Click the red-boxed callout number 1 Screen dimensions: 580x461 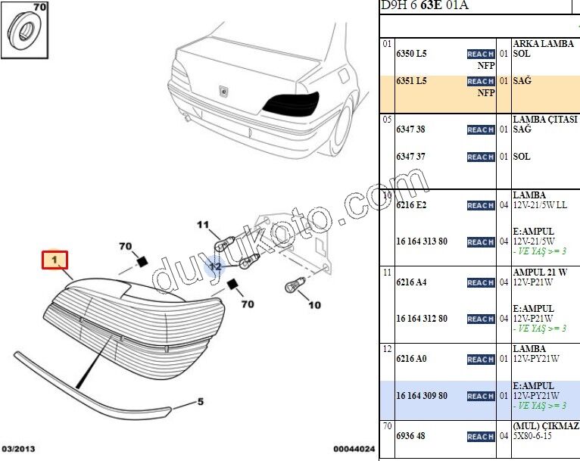point(55,260)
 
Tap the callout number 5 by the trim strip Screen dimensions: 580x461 point(201,401)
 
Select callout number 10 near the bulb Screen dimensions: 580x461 point(314,305)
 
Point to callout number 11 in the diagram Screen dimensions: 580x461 point(203,224)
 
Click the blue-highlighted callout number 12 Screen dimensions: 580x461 point(215,266)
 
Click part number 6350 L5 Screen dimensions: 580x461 point(411,54)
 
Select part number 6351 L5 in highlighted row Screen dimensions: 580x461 point(411,80)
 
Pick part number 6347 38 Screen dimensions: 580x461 point(410,129)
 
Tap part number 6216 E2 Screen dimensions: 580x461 point(411,205)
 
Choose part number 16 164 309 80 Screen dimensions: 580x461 point(422,396)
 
